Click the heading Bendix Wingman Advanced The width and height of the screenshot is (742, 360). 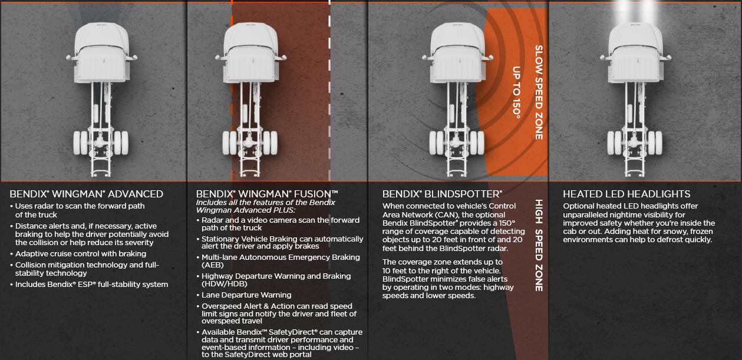tap(87, 194)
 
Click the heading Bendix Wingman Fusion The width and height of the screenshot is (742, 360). tap(267, 194)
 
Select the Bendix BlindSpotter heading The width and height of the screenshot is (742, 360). tap(442, 194)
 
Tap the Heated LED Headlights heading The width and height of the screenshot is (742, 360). tap(626, 194)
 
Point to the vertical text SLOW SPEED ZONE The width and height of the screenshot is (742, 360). tap(539, 93)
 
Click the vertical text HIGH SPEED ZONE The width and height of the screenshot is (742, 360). tap(539, 246)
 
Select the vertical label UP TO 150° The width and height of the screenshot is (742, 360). tap(516, 92)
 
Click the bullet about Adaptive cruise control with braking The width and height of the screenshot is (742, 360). tap(78, 254)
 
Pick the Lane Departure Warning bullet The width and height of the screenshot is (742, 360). tap(244, 295)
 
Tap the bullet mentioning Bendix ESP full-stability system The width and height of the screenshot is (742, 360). tap(89, 284)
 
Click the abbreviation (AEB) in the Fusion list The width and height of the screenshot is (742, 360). tap(213, 265)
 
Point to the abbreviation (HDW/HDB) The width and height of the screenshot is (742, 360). tap(225, 284)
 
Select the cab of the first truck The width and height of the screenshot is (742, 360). tap(101, 52)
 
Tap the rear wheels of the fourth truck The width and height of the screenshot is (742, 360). tap(635, 143)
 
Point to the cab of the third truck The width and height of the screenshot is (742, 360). tap(457, 52)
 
